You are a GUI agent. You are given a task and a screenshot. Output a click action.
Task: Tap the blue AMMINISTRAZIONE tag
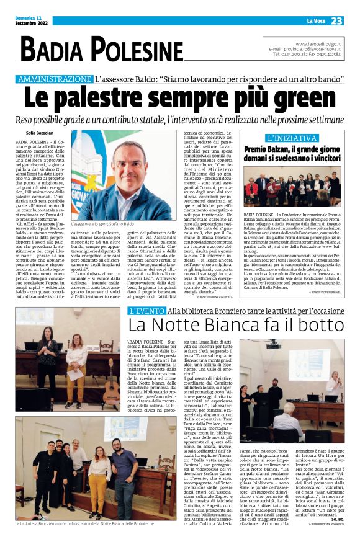[x=55, y=79]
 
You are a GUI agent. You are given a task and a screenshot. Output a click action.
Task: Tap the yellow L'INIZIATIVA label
[x=291, y=138]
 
